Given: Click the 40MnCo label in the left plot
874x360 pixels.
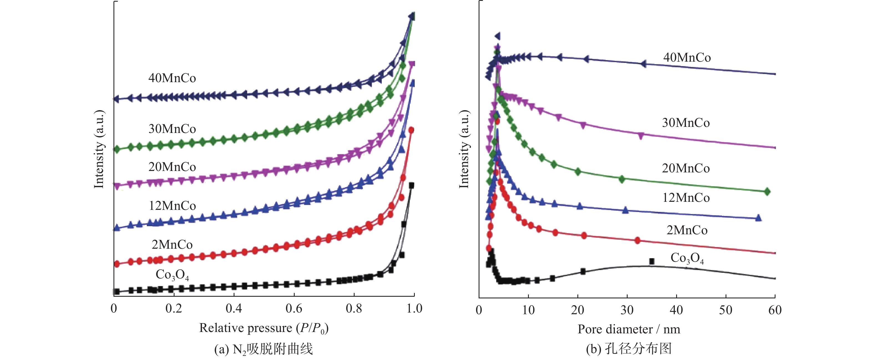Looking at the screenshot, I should click(x=172, y=78).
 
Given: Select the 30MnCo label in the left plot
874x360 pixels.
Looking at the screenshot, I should click(x=172, y=129).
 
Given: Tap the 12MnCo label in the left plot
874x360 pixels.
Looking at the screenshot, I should click(x=172, y=206).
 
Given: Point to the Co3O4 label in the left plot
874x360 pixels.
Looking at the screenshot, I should click(x=172, y=275).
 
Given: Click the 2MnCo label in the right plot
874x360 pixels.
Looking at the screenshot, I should click(x=687, y=230).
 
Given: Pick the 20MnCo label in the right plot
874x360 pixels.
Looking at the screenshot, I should click(x=686, y=168).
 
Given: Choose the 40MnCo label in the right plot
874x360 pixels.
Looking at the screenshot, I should click(x=687, y=58).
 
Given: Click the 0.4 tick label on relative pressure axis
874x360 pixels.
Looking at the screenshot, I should click(x=234, y=308).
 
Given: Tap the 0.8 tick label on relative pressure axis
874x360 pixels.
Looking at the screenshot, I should click(x=354, y=308).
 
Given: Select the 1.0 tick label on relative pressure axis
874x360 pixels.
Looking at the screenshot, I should click(x=414, y=308).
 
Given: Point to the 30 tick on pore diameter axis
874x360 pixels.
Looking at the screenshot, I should click(x=627, y=310).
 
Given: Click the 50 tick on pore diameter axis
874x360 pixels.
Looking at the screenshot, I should click(x=726, y=310).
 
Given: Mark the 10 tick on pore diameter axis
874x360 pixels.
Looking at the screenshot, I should click(x=528, y=310).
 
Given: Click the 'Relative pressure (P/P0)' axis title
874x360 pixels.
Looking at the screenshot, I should click(x=264, y=328).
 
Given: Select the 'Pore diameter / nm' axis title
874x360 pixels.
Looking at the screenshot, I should click(x=629, y=329).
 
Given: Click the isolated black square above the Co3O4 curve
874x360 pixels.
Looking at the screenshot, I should click(x=652, y=261).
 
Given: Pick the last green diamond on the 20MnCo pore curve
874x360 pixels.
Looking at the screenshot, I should click(x=767, y=192).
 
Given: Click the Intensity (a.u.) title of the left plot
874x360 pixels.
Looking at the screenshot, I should click(x=99, y=149).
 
